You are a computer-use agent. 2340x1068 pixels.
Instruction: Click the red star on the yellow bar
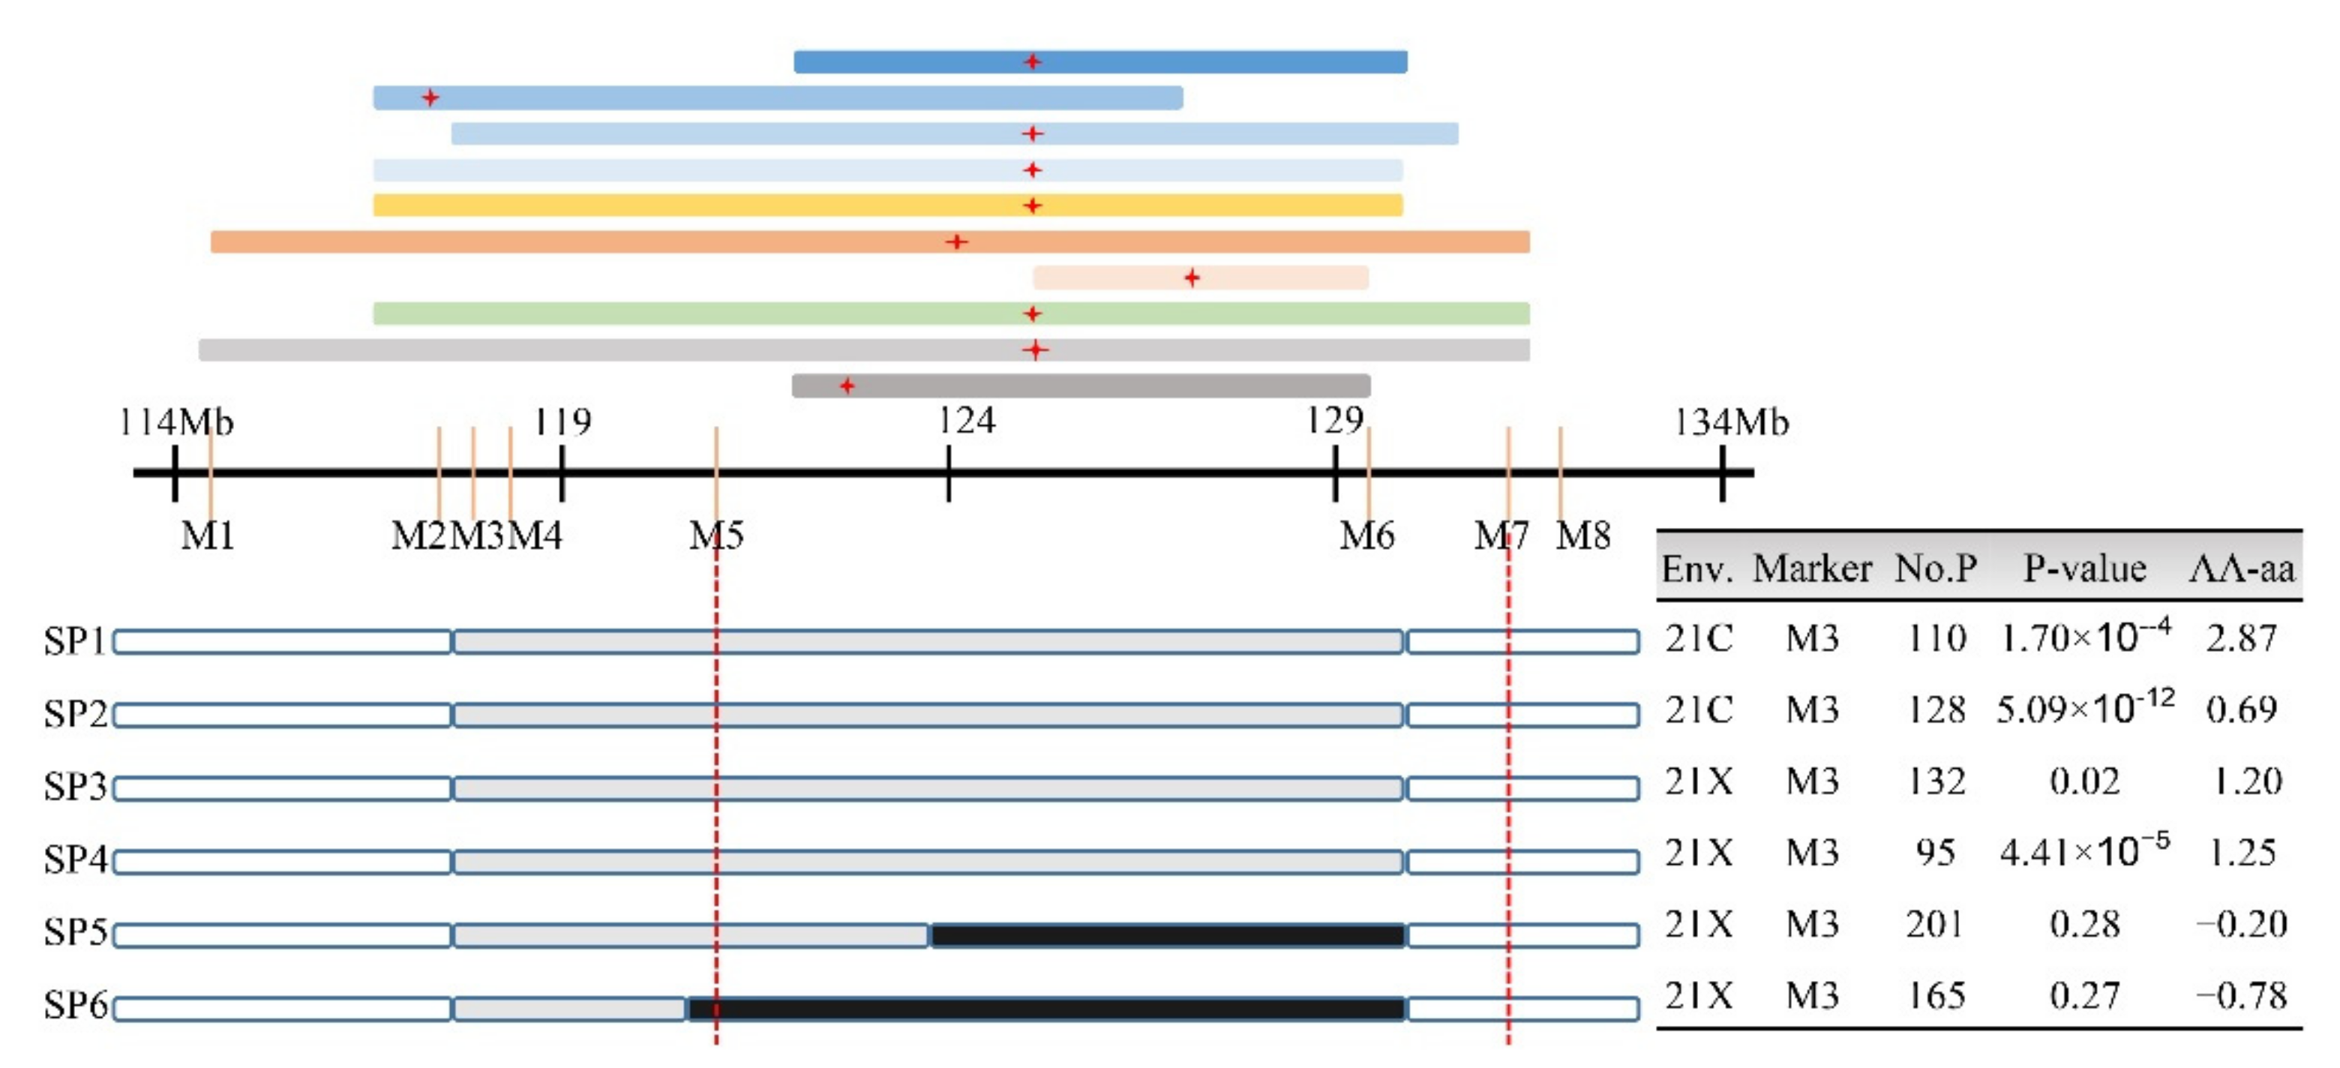point(1032,206)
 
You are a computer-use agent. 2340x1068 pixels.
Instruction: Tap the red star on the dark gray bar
point(847,386)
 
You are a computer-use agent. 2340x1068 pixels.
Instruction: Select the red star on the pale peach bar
point(1192,278)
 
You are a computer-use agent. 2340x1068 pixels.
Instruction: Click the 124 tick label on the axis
point(967,421)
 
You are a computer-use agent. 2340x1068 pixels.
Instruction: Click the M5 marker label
point(717,535)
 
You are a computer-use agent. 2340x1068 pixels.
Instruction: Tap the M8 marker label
point(1583,535)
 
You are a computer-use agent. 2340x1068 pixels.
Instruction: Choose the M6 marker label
point(1367,535)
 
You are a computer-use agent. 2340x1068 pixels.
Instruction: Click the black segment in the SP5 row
point(1167,935)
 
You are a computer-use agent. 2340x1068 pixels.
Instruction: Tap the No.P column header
point(1936,569)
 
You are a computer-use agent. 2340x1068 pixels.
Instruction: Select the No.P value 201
point(1935,925)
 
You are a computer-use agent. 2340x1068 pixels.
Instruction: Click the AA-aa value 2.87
point(2242,638)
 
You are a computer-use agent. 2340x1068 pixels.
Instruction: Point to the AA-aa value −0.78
point(2241,996)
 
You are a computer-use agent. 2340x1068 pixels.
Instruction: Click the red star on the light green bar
point(1032,314)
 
